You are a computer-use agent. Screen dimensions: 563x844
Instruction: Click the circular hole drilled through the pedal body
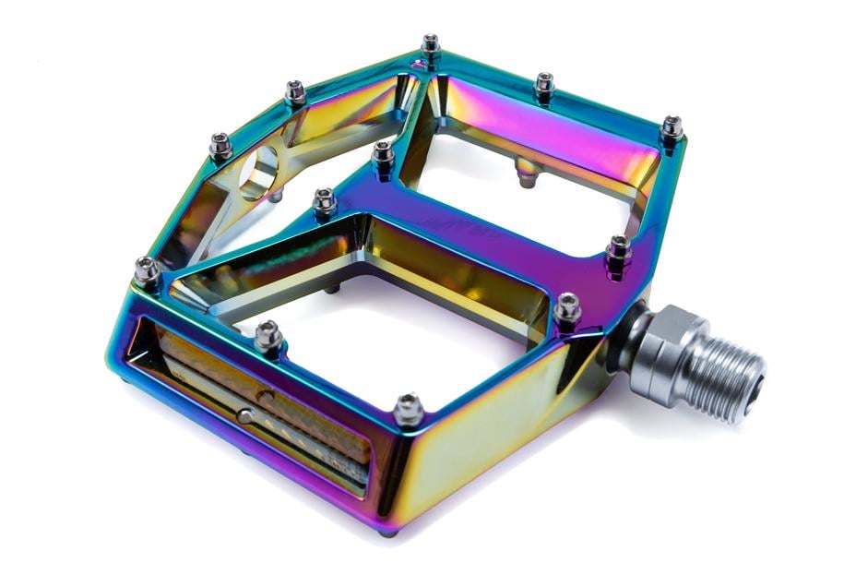260,172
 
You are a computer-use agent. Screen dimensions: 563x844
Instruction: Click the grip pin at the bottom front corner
409,407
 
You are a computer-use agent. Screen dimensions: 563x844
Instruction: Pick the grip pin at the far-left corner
147,271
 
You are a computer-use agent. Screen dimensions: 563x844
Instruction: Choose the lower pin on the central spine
324,199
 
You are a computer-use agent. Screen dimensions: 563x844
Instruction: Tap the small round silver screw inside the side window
245,416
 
